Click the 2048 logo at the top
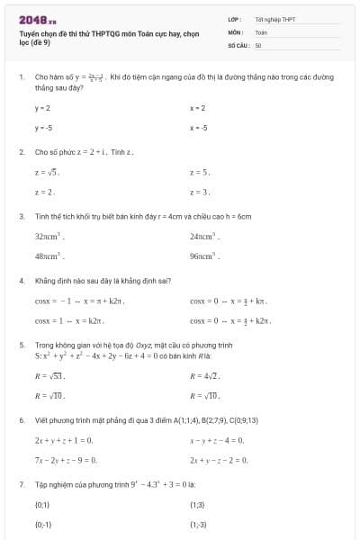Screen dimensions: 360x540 37,19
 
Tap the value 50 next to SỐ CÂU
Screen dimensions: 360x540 258,44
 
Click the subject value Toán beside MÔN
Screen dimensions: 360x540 261,31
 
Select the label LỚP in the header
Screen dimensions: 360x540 234,19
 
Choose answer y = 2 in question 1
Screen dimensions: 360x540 42,108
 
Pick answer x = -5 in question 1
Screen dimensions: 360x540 199,127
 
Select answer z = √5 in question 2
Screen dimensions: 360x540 46,171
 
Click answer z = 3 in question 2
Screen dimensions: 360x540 200,192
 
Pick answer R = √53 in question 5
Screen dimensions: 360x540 49,375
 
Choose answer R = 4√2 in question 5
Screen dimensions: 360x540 204,375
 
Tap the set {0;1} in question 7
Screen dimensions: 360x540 43,504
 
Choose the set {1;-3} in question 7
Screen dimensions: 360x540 199,524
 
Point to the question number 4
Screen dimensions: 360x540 21,280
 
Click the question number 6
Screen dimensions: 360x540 21,419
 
